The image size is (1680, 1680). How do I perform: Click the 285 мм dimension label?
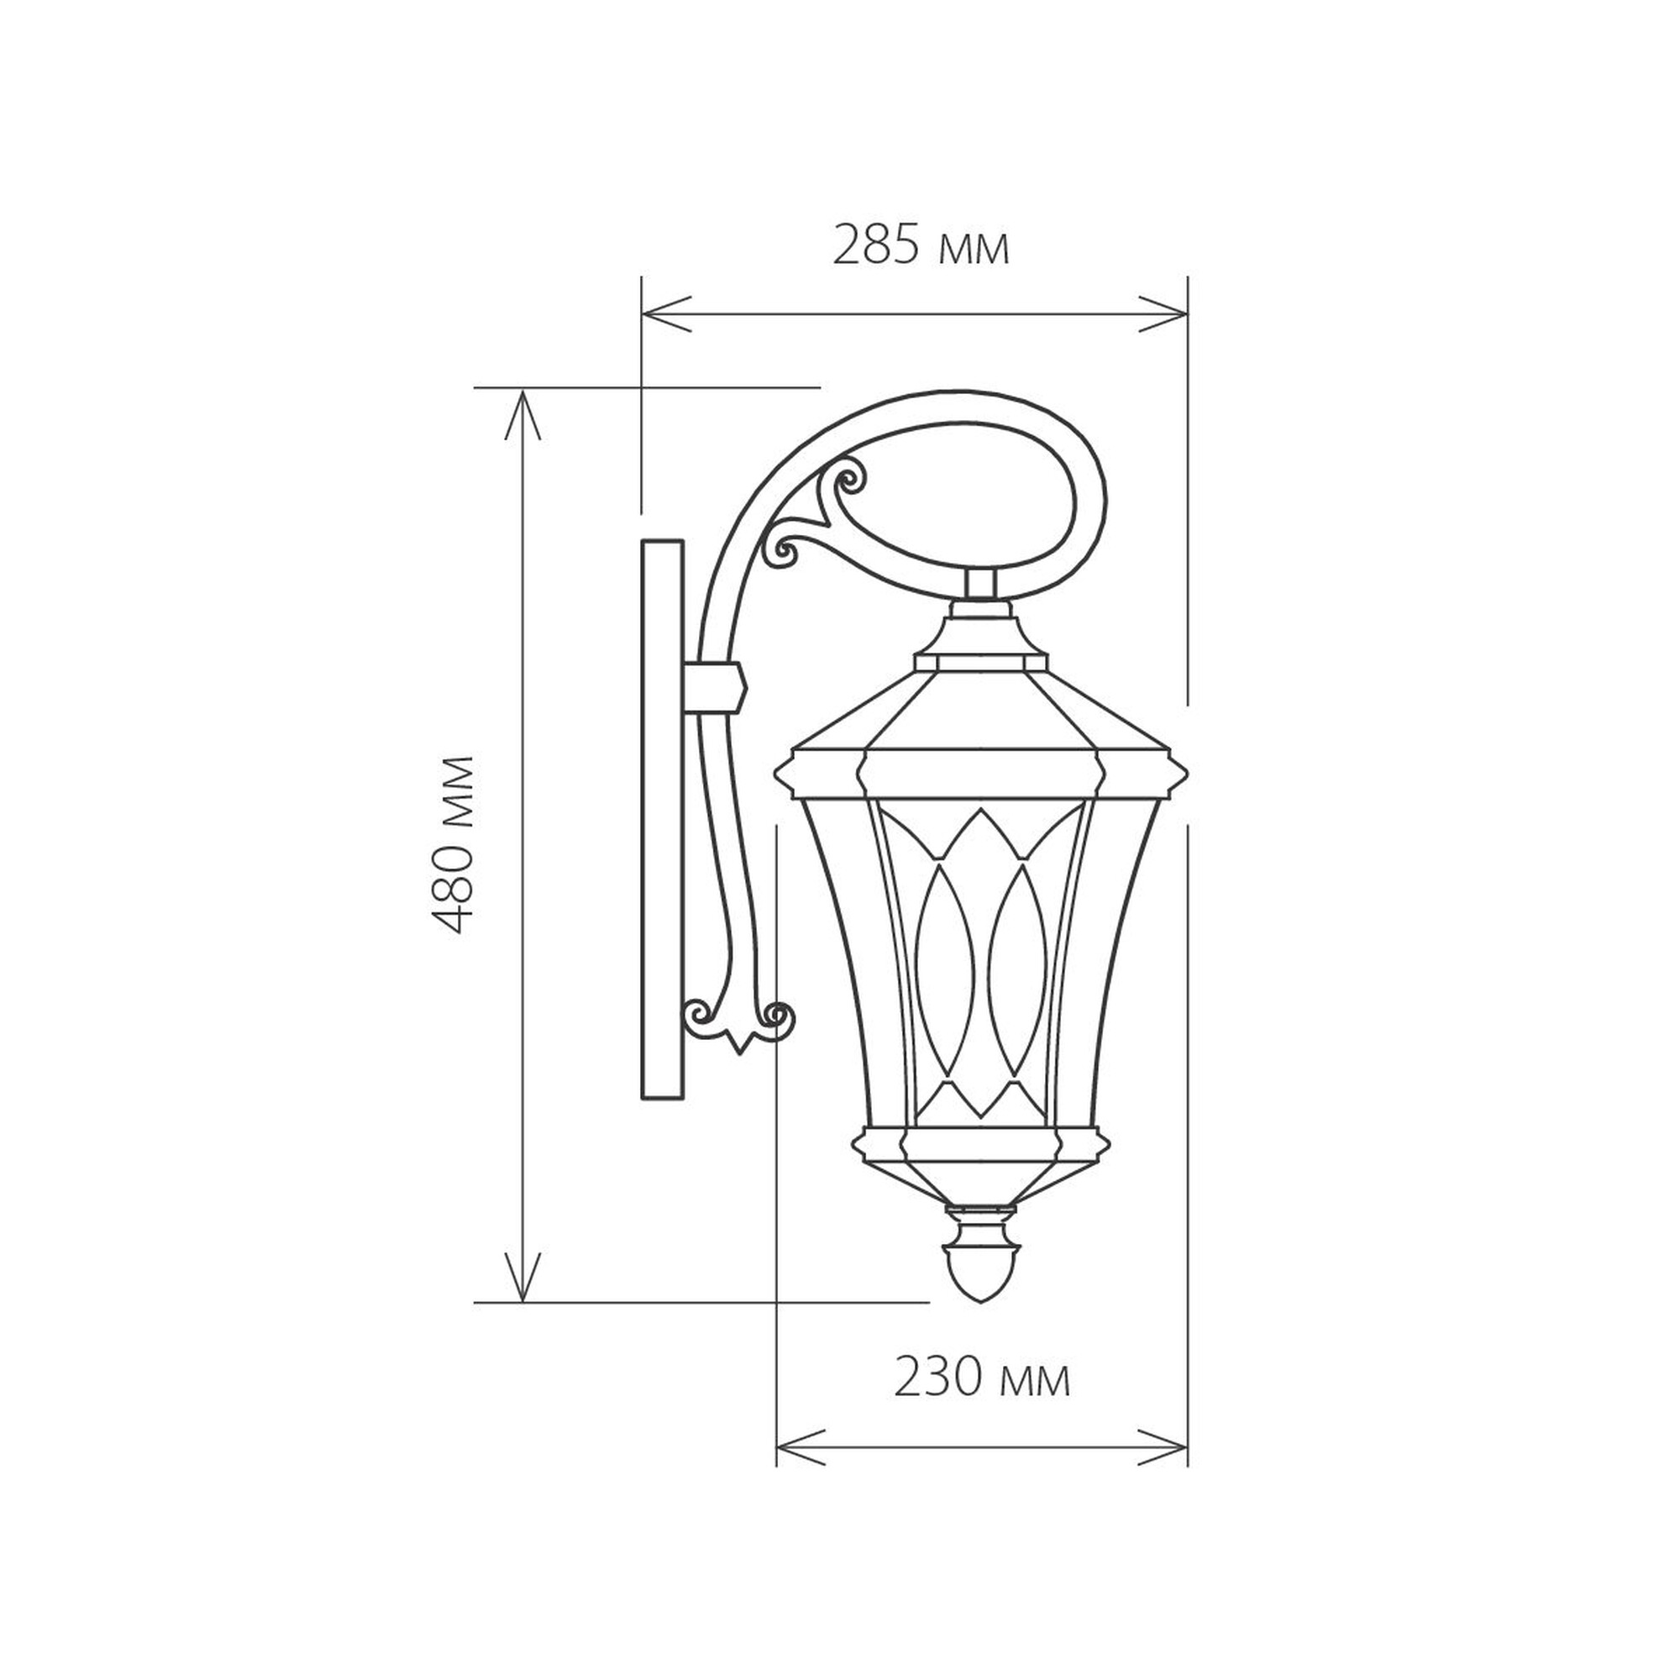coord(921,247)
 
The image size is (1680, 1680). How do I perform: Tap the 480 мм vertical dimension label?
coord(454,845)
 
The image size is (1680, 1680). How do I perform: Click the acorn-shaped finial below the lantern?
coord(980,1276)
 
